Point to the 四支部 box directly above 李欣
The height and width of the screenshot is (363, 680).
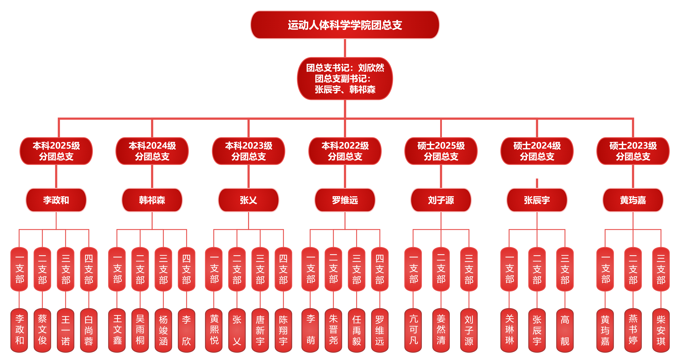coord(186,269)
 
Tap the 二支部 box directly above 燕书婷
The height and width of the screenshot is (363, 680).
coord(633,269)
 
